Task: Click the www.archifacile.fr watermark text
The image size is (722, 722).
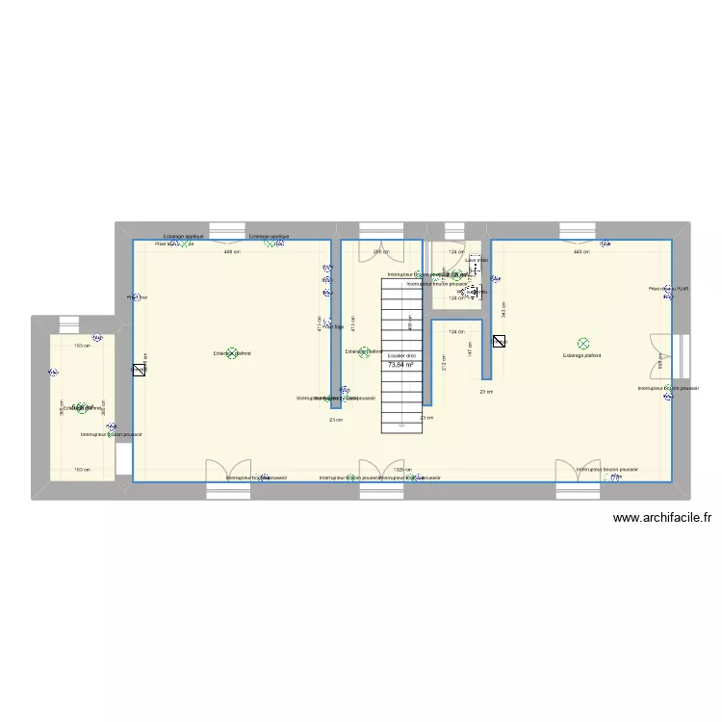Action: [661, 517]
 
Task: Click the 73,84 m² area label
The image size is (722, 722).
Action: [400, 365]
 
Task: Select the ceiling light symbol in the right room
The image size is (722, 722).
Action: [582, 344]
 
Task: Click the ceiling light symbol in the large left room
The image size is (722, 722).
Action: [231, 353]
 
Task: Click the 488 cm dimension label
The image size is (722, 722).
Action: [231, 252]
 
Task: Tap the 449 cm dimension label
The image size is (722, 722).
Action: [580, 252]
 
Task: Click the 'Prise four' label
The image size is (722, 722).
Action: [137, 297]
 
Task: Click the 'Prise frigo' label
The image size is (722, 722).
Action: [333, 327]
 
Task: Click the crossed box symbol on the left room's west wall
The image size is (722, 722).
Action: [139, 369]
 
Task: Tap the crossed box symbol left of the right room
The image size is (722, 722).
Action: [499, 341]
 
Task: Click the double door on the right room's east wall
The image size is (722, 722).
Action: [663, 358]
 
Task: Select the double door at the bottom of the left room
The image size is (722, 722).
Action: [229, 471]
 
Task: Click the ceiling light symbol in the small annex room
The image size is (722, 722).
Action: [81, 408]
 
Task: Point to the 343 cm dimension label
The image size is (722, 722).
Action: [504, 310]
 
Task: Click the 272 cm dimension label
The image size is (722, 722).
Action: [444, 364]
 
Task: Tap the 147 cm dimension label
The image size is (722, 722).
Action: [470, 353]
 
